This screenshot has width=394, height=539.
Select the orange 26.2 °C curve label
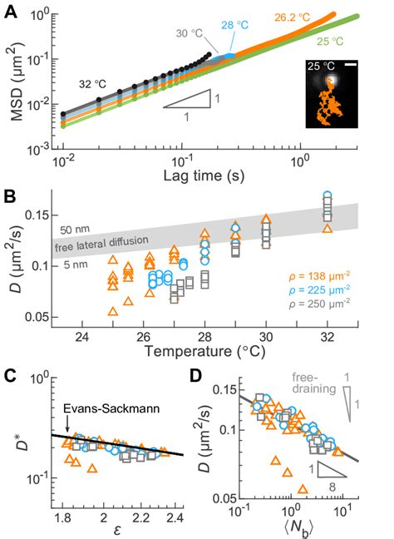(292, 17)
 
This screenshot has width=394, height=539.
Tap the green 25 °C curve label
(330, 42)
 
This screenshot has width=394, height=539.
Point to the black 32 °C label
(92, 84)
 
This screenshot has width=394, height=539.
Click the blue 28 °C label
(234, 25)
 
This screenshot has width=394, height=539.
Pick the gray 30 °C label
(190, 33)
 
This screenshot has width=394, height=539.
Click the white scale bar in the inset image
(352, 64)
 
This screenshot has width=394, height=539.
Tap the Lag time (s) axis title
(204, 176)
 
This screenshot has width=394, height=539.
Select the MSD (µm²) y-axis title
(17, 82)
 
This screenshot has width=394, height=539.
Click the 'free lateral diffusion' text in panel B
(101, 243)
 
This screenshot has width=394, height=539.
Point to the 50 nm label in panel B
(75, 230)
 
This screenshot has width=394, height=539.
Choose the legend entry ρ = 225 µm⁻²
(319, 289)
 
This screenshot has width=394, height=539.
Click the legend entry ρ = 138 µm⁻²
(319, 275)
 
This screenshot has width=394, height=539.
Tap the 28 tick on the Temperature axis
(204, 337)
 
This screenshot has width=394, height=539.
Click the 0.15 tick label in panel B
(37, 215)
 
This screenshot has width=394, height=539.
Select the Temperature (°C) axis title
(204, 351)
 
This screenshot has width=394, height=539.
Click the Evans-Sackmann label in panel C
(111, 408)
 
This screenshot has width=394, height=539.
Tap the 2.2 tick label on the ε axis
(140, 517)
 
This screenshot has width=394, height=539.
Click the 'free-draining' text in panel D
(313, 383)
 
